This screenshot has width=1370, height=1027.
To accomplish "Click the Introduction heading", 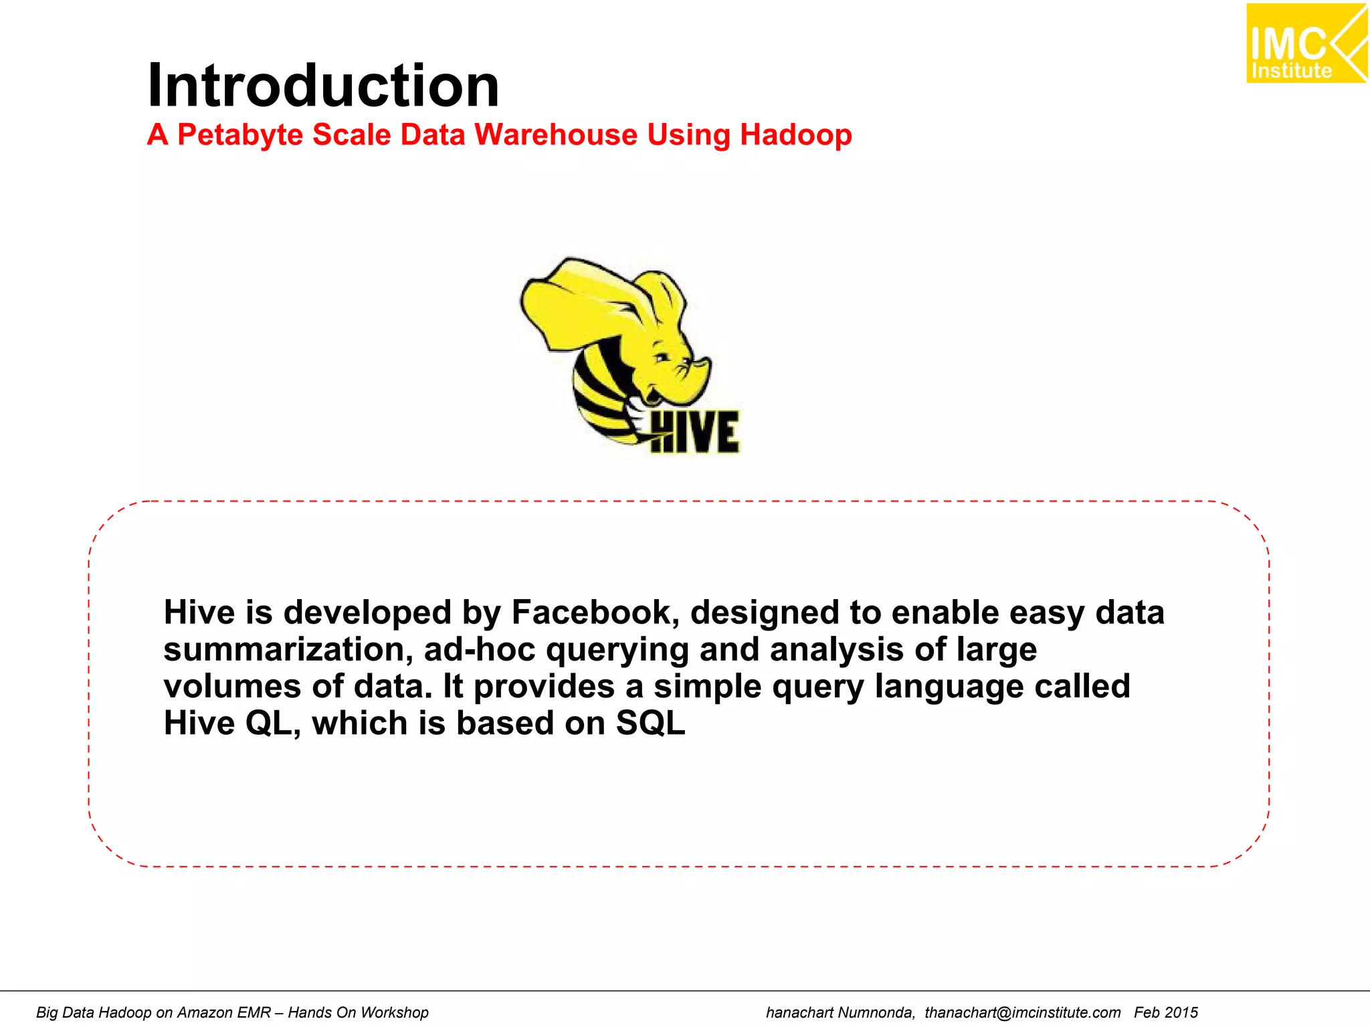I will click(323, 86).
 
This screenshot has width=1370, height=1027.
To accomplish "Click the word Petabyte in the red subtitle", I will click(239, 135).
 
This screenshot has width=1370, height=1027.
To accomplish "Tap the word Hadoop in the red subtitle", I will click(795, 135).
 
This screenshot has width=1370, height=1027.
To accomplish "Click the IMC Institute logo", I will click(1305, 44).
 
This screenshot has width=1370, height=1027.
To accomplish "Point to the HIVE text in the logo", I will click(694, 433).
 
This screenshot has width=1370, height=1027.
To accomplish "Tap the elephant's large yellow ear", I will click(582, 301).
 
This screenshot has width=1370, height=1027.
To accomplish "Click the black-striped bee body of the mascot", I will click(599, 394).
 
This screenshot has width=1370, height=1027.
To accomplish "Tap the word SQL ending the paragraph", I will click(650, 723).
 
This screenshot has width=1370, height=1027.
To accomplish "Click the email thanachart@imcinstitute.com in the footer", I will click(1022, 1012).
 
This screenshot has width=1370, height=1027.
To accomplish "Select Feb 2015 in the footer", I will click(1165, 1012).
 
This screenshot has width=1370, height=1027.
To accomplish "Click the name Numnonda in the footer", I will click(876, 1012).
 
